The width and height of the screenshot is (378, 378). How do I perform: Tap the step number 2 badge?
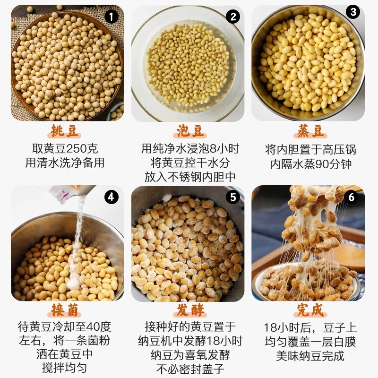232,17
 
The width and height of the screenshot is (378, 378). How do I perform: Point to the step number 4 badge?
111,197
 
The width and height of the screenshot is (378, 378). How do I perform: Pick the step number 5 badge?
232,197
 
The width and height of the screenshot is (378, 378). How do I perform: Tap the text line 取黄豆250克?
65,149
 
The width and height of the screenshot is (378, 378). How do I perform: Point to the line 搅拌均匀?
65,367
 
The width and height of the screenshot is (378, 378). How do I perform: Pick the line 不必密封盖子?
190,368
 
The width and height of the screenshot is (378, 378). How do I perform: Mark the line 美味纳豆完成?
310,355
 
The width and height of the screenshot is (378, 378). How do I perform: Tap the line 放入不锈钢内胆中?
190,177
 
